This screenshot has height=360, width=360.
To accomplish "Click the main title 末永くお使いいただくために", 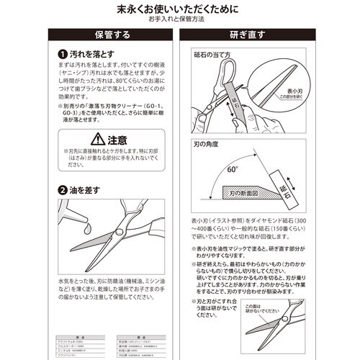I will (x=180, y=10).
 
